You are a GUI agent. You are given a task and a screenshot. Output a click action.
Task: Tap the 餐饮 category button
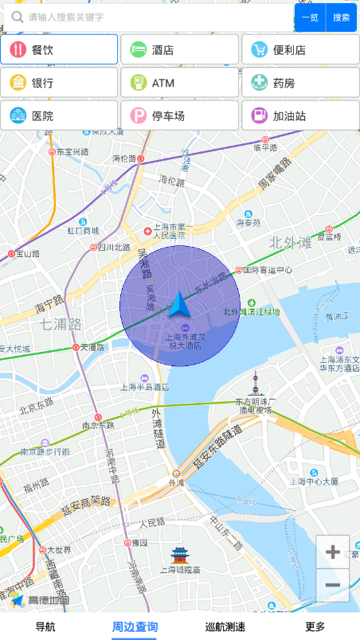click(x=60, y=49)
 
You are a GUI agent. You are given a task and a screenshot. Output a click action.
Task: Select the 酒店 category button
click(x=180, y=49)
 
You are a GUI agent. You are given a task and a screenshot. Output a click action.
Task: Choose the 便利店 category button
click(x=300, y=49)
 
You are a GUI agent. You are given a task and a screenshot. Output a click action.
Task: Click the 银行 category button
click(x=60, y=82)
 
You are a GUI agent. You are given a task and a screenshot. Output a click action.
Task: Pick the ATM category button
click(x=180, y=82)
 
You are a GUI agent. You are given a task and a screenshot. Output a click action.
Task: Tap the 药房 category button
click(x=300, y=82)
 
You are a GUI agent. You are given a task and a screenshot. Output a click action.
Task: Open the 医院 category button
click(x=60, y=115)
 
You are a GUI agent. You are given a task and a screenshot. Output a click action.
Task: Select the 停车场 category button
click(x=180, y=115)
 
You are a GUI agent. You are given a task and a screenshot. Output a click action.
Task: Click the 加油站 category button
click(x=300, y=115)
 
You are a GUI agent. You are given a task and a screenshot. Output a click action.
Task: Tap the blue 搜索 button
click(x=342, y=18)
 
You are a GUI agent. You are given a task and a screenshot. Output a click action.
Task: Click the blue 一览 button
click(x=310, y=18)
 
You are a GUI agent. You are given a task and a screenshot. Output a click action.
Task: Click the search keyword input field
click(x=151, y=18)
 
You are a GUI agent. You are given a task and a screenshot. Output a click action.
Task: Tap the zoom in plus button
click(x=333, y=552)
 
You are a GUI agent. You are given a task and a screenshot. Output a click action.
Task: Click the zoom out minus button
click(x=333, y=585)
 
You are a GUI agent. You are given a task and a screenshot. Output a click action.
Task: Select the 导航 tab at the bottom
click(x=45, y=626)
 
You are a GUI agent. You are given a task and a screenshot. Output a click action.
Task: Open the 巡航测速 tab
click(x=225, y=626)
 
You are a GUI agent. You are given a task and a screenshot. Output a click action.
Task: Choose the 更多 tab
click(x=315, y=626)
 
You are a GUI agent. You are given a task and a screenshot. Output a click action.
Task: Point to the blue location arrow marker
click(x=178, y=305)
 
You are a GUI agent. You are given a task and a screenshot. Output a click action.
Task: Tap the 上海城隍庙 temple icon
click(x=179, y=555)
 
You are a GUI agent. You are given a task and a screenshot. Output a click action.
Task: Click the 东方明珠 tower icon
click(x=256, y=384)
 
